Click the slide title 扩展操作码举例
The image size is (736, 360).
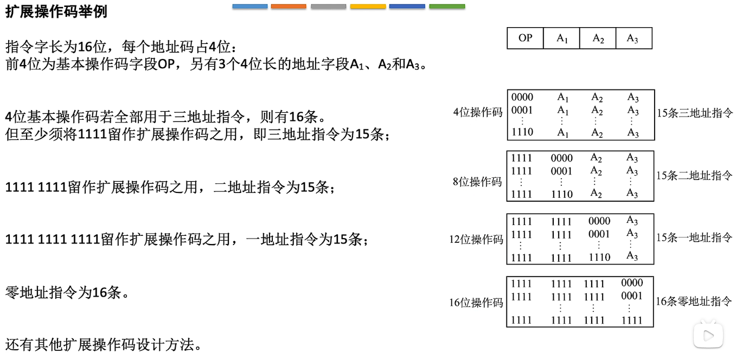point(56,12)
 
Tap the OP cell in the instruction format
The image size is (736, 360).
point(525,38)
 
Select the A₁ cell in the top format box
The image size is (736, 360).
point(562,38)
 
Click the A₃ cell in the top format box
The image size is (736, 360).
point(632,38)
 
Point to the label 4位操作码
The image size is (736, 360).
point(478,113)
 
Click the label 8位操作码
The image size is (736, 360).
point(477,182)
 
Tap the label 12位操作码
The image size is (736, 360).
point(476,240)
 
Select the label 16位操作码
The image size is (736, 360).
point(476,303)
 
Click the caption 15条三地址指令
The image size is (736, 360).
point(694,113)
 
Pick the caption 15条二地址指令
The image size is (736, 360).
point(694,176)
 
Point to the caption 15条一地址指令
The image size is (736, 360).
point(694,237)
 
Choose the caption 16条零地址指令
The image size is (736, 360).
point(694,301)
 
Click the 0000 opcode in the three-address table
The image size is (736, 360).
point(522,98)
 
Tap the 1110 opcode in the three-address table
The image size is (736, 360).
point(522,132)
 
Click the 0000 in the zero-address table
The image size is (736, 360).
point(632,282)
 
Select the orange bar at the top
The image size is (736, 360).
point(289,7)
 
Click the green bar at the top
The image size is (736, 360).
point(447,7)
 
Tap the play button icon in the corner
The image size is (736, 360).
point(708,336)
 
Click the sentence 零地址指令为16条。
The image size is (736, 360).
point(67,293)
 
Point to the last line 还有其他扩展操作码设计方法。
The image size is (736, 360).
point(104,344)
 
